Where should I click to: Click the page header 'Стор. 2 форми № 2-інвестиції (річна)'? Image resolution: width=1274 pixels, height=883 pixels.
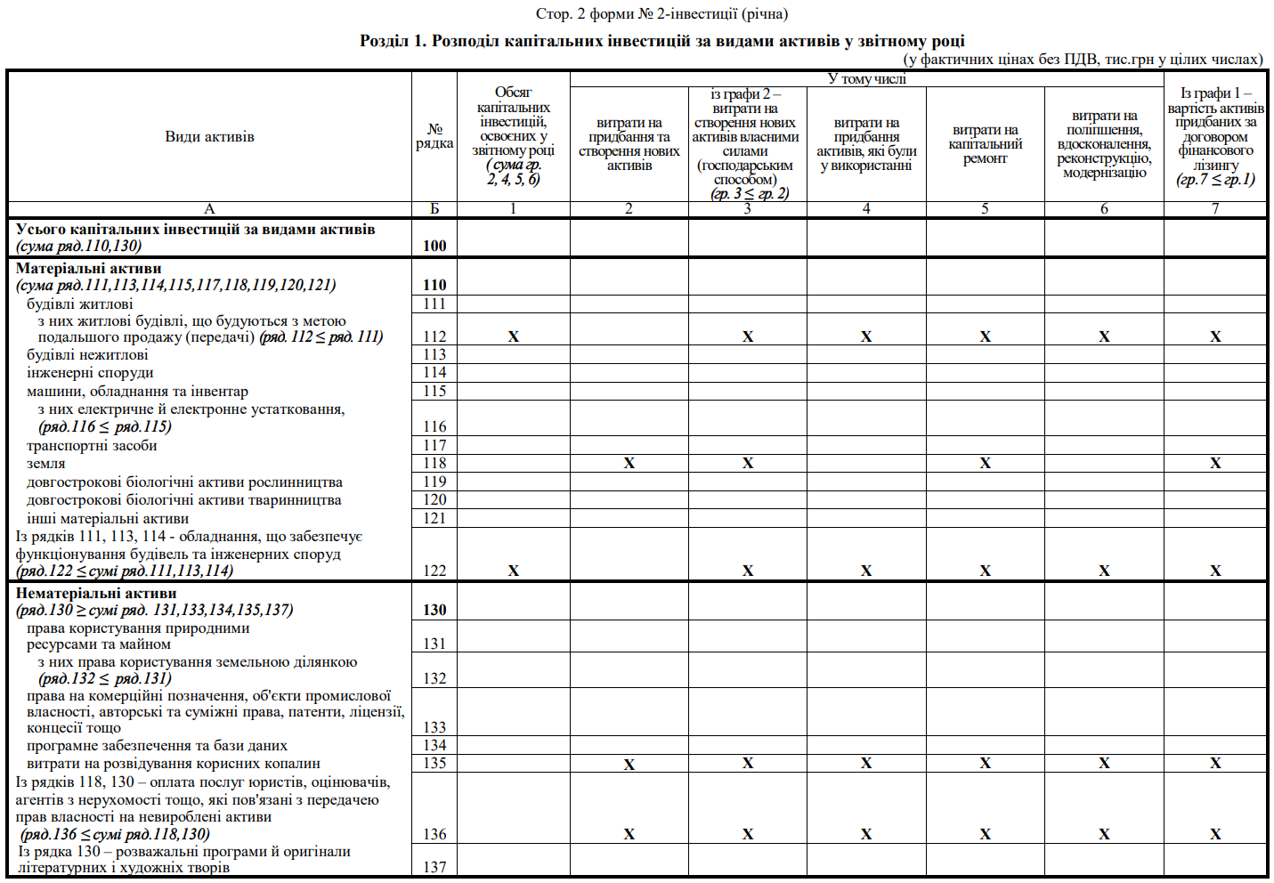(661, 13)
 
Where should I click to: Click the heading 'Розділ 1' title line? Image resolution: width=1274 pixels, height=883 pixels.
(661, 41)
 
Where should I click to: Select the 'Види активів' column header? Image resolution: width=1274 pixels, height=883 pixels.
(209, 136)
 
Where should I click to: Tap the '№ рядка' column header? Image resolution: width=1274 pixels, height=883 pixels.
(434, 136)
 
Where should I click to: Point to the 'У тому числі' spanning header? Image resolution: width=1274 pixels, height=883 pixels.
(866, 78)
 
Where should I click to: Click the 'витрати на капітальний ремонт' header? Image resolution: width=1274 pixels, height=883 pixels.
(985, 144)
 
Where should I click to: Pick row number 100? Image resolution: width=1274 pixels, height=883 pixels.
(434, 246)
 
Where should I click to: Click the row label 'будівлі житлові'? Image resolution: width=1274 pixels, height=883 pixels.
(80, 304)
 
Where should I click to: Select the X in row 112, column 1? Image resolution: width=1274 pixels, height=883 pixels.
(513, 336)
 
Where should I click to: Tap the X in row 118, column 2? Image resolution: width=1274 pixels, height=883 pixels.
(629, 463)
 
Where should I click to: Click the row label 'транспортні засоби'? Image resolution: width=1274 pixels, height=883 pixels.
(92, 445)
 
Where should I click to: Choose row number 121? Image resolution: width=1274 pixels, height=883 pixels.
(434, 518)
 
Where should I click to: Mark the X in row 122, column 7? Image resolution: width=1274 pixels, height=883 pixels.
(1215, 571)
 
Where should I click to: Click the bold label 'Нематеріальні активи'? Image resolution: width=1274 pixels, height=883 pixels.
(96, 593)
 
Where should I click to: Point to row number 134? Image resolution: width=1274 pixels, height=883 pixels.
(434, 745)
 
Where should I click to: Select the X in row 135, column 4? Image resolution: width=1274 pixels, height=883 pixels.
(866, 763)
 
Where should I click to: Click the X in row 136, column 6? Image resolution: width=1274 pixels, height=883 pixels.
(1104, 834)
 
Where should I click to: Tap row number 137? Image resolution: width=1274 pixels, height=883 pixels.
(434, 867)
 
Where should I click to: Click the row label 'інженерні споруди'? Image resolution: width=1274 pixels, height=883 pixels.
(90, 372)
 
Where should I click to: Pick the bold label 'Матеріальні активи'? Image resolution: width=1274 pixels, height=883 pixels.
(89, 268)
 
